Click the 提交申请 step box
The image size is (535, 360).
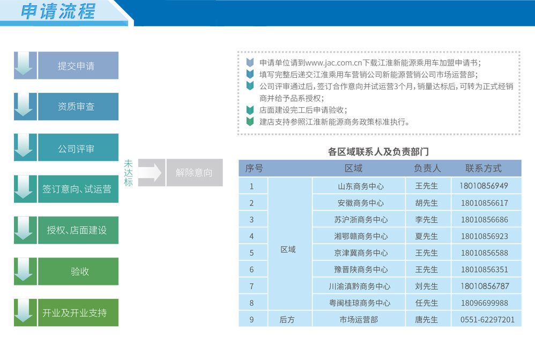(x=78, y=65)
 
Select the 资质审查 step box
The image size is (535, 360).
(x=78, y=107)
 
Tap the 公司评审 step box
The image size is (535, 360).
(x=78, y=148)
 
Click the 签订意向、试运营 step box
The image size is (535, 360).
(x=78, y=189)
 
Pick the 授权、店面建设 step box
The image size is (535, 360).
(x=78, y=230)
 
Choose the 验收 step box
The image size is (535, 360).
(x=78, y=271)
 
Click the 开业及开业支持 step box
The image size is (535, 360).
(x=78, y=313)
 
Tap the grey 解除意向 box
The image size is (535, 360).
(x=195, y=172)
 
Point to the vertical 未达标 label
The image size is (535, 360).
(x=128, y=173)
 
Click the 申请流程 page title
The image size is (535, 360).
(x=58, y=11)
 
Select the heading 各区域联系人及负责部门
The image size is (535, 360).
(x=378, y=152)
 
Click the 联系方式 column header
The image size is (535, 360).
(x=484, y=168)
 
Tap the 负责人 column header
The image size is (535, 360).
(x=427, y=168)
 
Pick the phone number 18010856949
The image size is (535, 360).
(x=484, y=186)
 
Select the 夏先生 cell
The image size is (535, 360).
(x=427, y=237)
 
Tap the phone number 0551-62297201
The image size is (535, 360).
(x=487, y=320)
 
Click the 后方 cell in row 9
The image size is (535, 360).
(x=287, y=320)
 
